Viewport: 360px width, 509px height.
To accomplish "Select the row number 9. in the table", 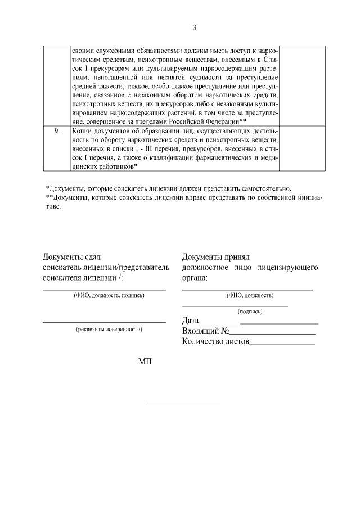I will [x=56, y=130].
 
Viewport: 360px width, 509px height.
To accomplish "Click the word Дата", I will [x=192, y=321].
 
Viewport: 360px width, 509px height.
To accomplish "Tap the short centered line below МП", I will [x=184, y=403].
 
